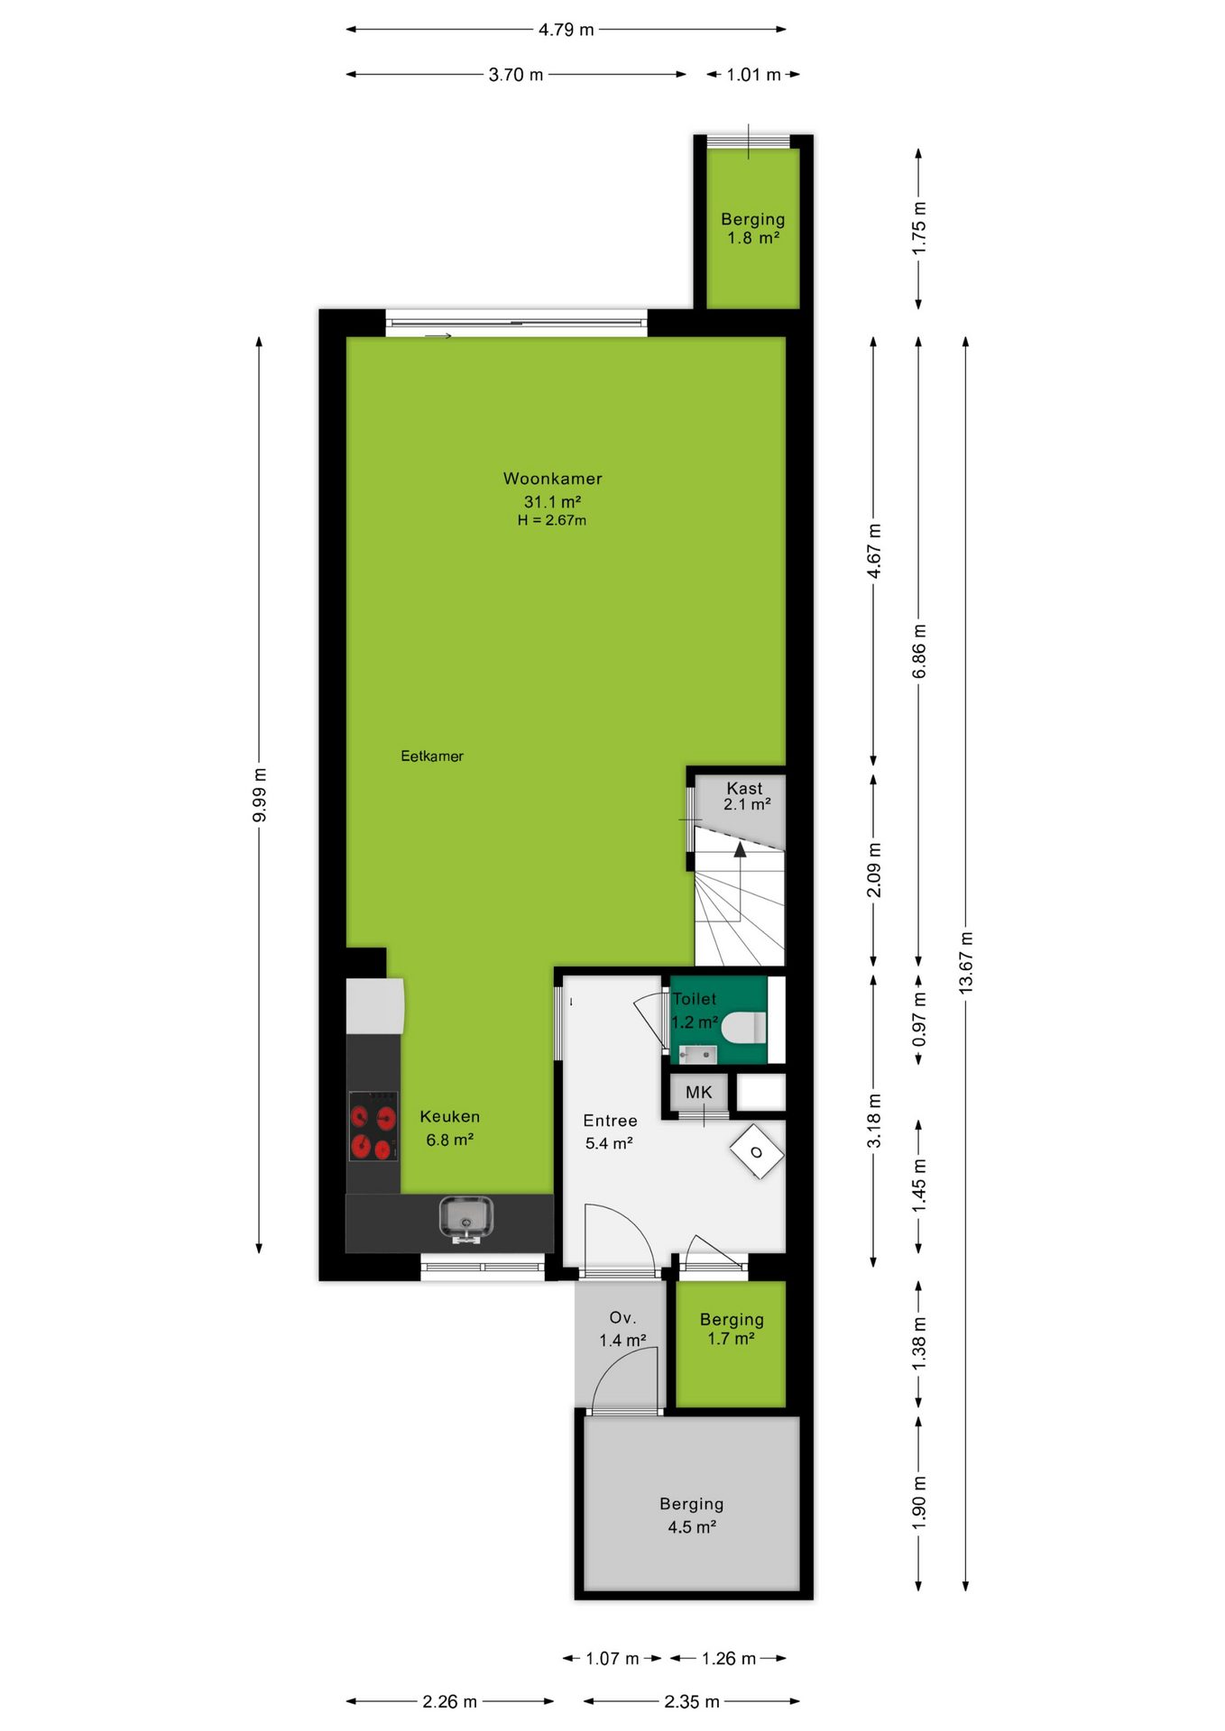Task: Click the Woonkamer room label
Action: coord(552,479)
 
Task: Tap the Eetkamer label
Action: coord(432,756)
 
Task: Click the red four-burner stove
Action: coord(373,1125)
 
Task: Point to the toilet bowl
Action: coord(743,1027)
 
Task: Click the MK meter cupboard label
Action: coord(698,1093)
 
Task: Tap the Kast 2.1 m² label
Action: coord(746,796)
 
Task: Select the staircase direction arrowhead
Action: coord(740,848)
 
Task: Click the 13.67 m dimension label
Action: coord(966,963)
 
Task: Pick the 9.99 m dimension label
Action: coord(259,795)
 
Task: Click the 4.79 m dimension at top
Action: coord(566,30)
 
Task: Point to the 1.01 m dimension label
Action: coord(753,75)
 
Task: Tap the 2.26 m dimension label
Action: coord(449,1701)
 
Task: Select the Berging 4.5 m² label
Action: coord(692,1515)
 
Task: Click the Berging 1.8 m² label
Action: coord(753,228)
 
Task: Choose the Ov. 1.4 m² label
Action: coord(622,1329)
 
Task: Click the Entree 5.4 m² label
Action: coord(610,1131)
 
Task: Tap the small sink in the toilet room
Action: coord(697,1053)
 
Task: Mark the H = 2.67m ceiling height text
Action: coord(552,520)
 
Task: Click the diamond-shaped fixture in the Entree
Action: coord(756,1151)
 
